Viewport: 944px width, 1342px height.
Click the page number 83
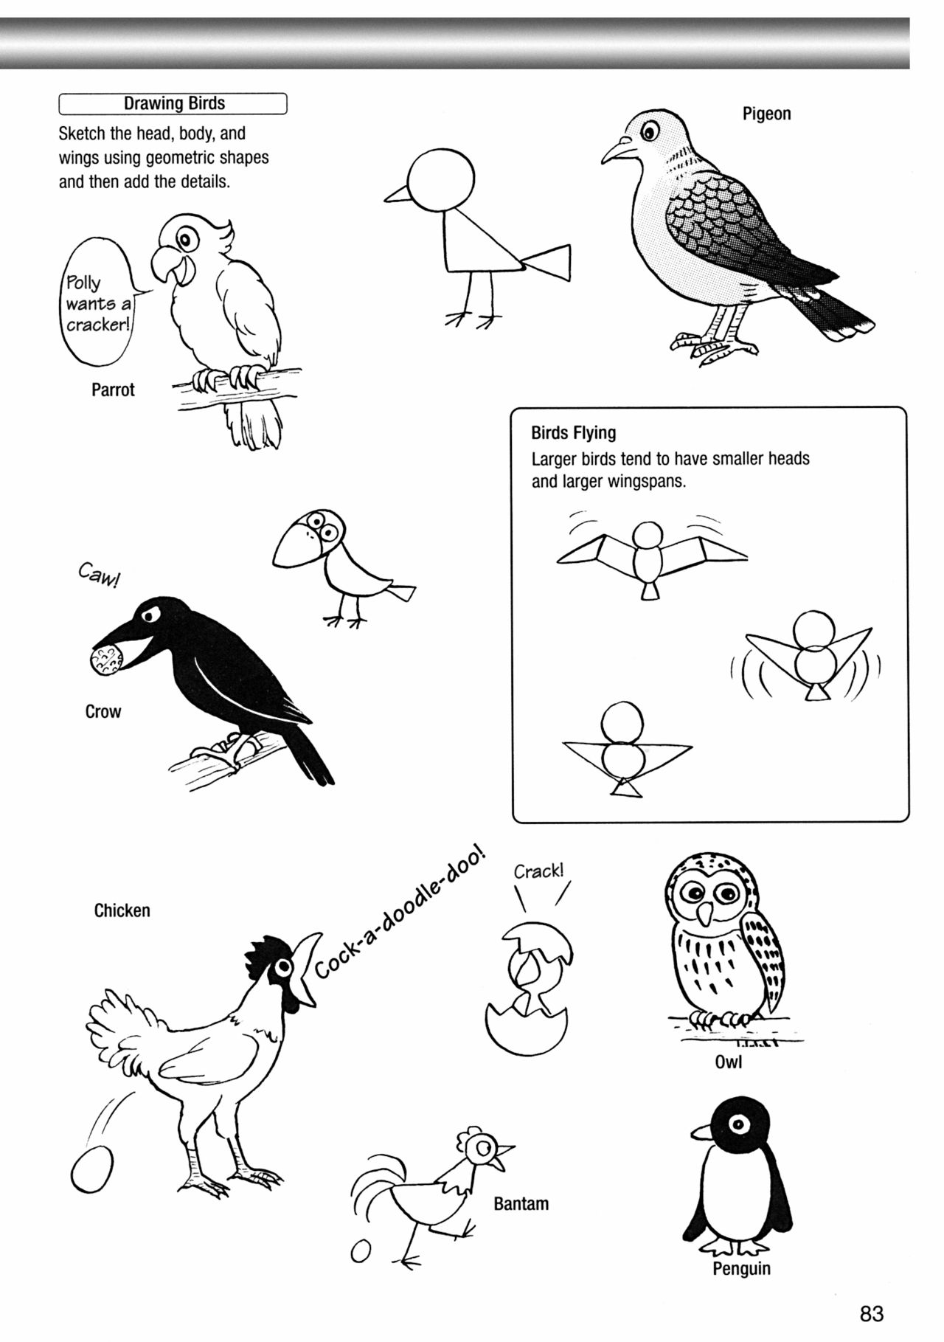[x=871, y=1313]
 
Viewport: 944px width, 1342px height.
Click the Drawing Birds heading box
[x=173, y=103]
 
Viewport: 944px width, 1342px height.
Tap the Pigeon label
[x=766, y=114]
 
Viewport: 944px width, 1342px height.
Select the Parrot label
[x=113, y=390]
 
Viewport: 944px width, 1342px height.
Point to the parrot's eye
[x=187, y=238]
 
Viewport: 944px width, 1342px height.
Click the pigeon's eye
[x=649, y=133]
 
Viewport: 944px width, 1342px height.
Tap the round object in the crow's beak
[x=103, y=659]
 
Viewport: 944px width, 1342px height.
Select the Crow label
[x=103, y=712]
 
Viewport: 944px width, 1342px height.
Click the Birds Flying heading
[x=573, y=433]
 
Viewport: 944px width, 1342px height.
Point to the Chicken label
[x=122, y=910]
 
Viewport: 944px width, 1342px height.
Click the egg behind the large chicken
[x=93, y=1172]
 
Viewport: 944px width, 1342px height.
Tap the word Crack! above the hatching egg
[x=538, y=871]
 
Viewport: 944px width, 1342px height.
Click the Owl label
[x=728, y=1062]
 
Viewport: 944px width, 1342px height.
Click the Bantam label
[x=521, y=1204]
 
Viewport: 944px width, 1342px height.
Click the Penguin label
[x=741, y=1269]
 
